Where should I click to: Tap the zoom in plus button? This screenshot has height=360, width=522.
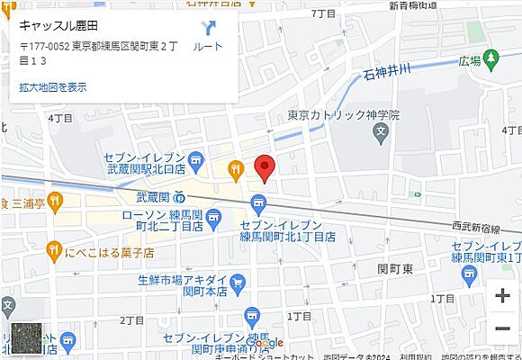tap(502, 295)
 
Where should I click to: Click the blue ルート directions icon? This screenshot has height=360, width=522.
tap(209, 29)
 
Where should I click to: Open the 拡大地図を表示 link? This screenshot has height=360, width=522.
tap(53, 87)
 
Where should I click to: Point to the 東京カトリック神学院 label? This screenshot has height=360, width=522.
tap(343, 115)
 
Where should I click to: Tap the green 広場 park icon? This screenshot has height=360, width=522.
tap(490, 60)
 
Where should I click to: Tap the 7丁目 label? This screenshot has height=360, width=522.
tap(321, 14)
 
